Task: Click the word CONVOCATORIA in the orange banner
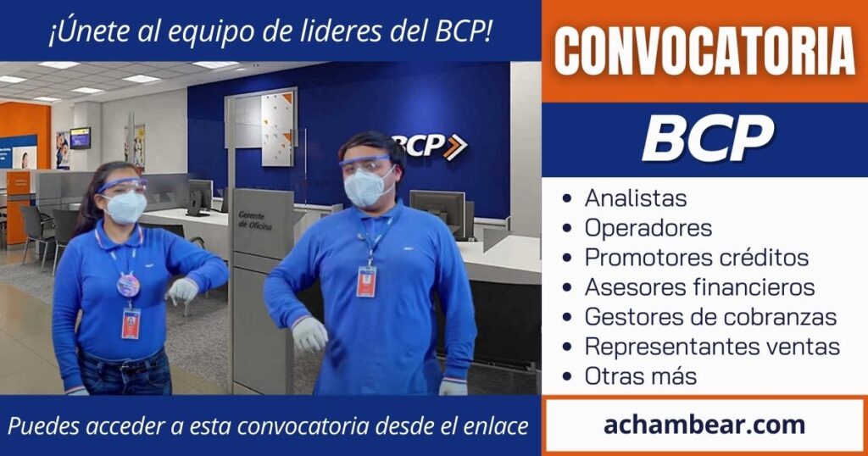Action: (x=704, y=51)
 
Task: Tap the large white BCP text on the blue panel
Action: (x=708, y=138)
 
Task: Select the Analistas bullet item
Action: (x=636, y=198)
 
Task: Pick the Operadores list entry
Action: (x=648, y=228)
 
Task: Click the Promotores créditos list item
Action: (x=697, y=258)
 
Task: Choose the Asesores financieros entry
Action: (x=699, y=287)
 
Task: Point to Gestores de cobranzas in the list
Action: (x=711, y=317)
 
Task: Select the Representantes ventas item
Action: (x=712, y=347)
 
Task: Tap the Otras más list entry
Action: (x=641, y=376)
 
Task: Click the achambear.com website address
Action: (x=704, y=425)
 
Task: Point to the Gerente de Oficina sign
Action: (x=255, y=220)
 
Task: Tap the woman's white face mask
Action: (x=125, y=207)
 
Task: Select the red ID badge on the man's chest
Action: (x=366, y=281)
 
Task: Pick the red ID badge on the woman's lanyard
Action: (x=131, y=324)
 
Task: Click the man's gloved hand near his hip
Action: (x=309, y=334)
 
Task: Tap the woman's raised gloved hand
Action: (x=182, y=290)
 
